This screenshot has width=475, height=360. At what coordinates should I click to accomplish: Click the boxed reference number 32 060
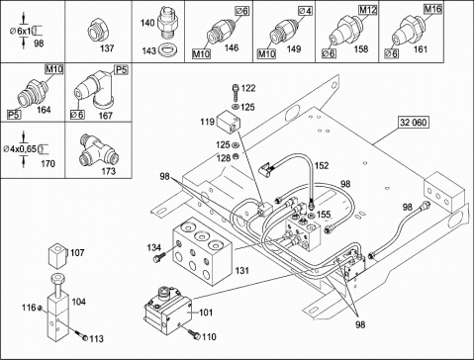[x=414, y=123]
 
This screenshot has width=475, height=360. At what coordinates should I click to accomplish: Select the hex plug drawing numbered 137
[x=98, y=31]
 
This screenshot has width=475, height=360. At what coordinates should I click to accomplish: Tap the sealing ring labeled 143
[x=168, y=50]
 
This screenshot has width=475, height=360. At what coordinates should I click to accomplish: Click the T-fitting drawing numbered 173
[x=98, y=150]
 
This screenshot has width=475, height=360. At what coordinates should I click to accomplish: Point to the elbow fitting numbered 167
[x=95, y=89]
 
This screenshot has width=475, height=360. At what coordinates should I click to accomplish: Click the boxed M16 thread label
[x=432, y=9]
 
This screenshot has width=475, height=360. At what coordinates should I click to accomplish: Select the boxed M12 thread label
[x=368, y=10]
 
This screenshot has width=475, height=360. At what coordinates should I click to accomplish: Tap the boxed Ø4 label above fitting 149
[x=305, y=11]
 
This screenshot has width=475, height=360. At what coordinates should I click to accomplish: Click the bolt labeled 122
[x=236, y=93]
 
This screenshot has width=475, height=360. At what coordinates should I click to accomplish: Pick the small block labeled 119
[x=228, y=123]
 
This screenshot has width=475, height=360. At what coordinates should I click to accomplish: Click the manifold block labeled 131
[x=202, y=250]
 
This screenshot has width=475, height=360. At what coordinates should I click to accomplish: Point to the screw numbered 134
[x=159, y=256]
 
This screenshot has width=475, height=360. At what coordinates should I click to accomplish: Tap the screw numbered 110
[x=195, y=334]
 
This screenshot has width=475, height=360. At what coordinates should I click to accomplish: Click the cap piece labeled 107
[x=58, y=256]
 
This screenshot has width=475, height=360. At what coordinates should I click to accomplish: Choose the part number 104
[x=79, y=302]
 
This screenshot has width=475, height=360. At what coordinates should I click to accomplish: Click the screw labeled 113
[x=81, y=336]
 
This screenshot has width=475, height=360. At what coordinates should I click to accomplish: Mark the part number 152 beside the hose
[x=322, y=165]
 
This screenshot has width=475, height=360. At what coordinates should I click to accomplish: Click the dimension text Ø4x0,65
[x=20, y=149]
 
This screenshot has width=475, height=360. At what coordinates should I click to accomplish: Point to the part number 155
[x=324, y=215]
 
